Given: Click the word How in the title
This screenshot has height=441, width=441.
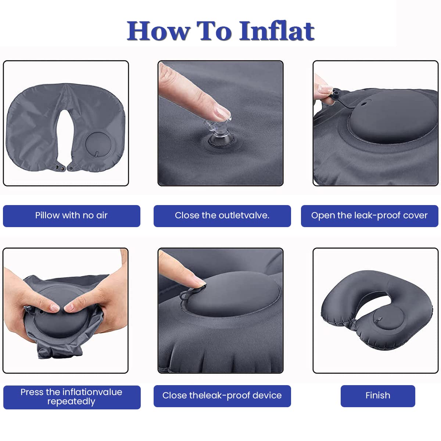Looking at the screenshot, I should coord(158,31).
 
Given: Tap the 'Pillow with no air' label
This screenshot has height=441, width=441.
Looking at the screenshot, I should coord(71,216).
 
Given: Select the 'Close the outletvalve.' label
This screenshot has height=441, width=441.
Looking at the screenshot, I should coord(222,216).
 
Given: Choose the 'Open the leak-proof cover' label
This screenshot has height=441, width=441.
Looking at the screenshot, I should coord(369,216).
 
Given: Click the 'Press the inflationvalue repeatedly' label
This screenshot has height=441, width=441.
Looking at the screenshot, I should coord(72,397).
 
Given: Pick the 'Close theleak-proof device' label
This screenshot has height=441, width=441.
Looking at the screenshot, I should coord(222,396).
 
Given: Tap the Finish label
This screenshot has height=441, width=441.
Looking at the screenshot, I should coord(378,396).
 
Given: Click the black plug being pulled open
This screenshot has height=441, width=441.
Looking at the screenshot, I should coord(336,94).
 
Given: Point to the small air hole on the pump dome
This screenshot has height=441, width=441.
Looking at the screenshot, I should coord(363,104).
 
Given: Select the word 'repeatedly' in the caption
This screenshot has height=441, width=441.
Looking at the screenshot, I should coord(71,402).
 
